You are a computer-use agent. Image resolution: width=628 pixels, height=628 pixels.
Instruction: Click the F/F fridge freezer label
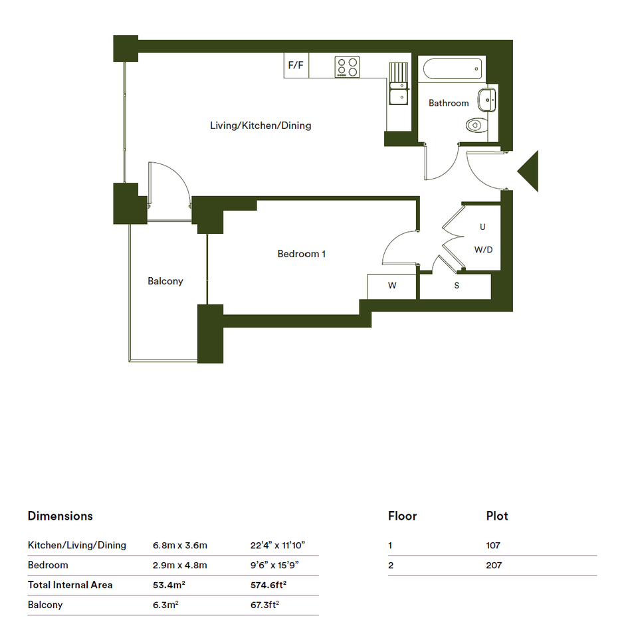[296, 65]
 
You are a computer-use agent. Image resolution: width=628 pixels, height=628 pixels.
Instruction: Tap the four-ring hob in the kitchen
[348, 67]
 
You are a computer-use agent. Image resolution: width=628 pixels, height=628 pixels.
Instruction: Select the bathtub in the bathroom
[453, 69]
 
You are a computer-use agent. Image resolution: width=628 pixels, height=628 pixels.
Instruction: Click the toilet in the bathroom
[476, 125]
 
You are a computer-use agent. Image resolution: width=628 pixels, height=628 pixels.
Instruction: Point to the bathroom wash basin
[486, 100]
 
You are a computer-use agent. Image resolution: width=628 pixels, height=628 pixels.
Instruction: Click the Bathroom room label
[449, 103]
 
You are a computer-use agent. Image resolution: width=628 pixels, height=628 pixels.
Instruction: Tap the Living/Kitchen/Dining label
[261, 126]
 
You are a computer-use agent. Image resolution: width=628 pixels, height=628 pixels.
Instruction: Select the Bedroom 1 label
[302, 254]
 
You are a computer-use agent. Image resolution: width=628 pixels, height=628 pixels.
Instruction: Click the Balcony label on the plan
[165, 282]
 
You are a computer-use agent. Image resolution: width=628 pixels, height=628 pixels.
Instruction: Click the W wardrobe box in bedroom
[391, 286]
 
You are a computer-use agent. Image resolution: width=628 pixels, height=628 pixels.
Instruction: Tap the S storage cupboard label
[457, 286]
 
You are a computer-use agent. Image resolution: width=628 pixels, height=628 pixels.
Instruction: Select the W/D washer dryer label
[483, 250]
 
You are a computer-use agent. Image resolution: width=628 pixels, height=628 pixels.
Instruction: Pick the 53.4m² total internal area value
[169, 585]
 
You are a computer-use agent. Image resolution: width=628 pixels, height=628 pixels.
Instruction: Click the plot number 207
[494, 565]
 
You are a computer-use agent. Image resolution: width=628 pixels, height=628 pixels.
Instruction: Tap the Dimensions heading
[60, 516]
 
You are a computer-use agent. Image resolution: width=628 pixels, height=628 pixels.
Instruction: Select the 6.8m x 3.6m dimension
[180, 545]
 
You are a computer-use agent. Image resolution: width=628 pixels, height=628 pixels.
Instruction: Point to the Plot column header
[497, 516]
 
